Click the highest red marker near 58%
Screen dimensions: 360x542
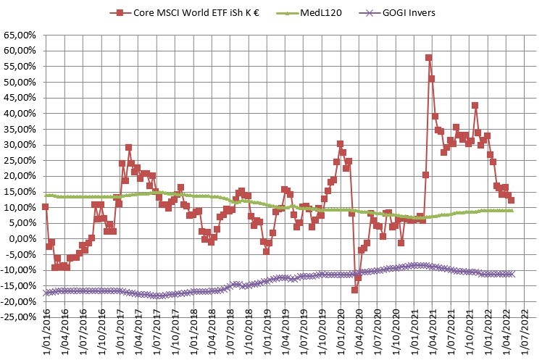429,57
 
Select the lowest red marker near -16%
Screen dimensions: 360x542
355,290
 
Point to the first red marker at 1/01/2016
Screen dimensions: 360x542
45,206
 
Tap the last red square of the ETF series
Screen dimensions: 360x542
512,200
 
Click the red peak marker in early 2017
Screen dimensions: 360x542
128,148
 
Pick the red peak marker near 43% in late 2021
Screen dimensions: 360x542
475,105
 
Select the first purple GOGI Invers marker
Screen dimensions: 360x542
45,293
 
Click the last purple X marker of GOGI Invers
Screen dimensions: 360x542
512,274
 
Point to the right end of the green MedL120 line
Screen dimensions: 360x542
512,211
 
